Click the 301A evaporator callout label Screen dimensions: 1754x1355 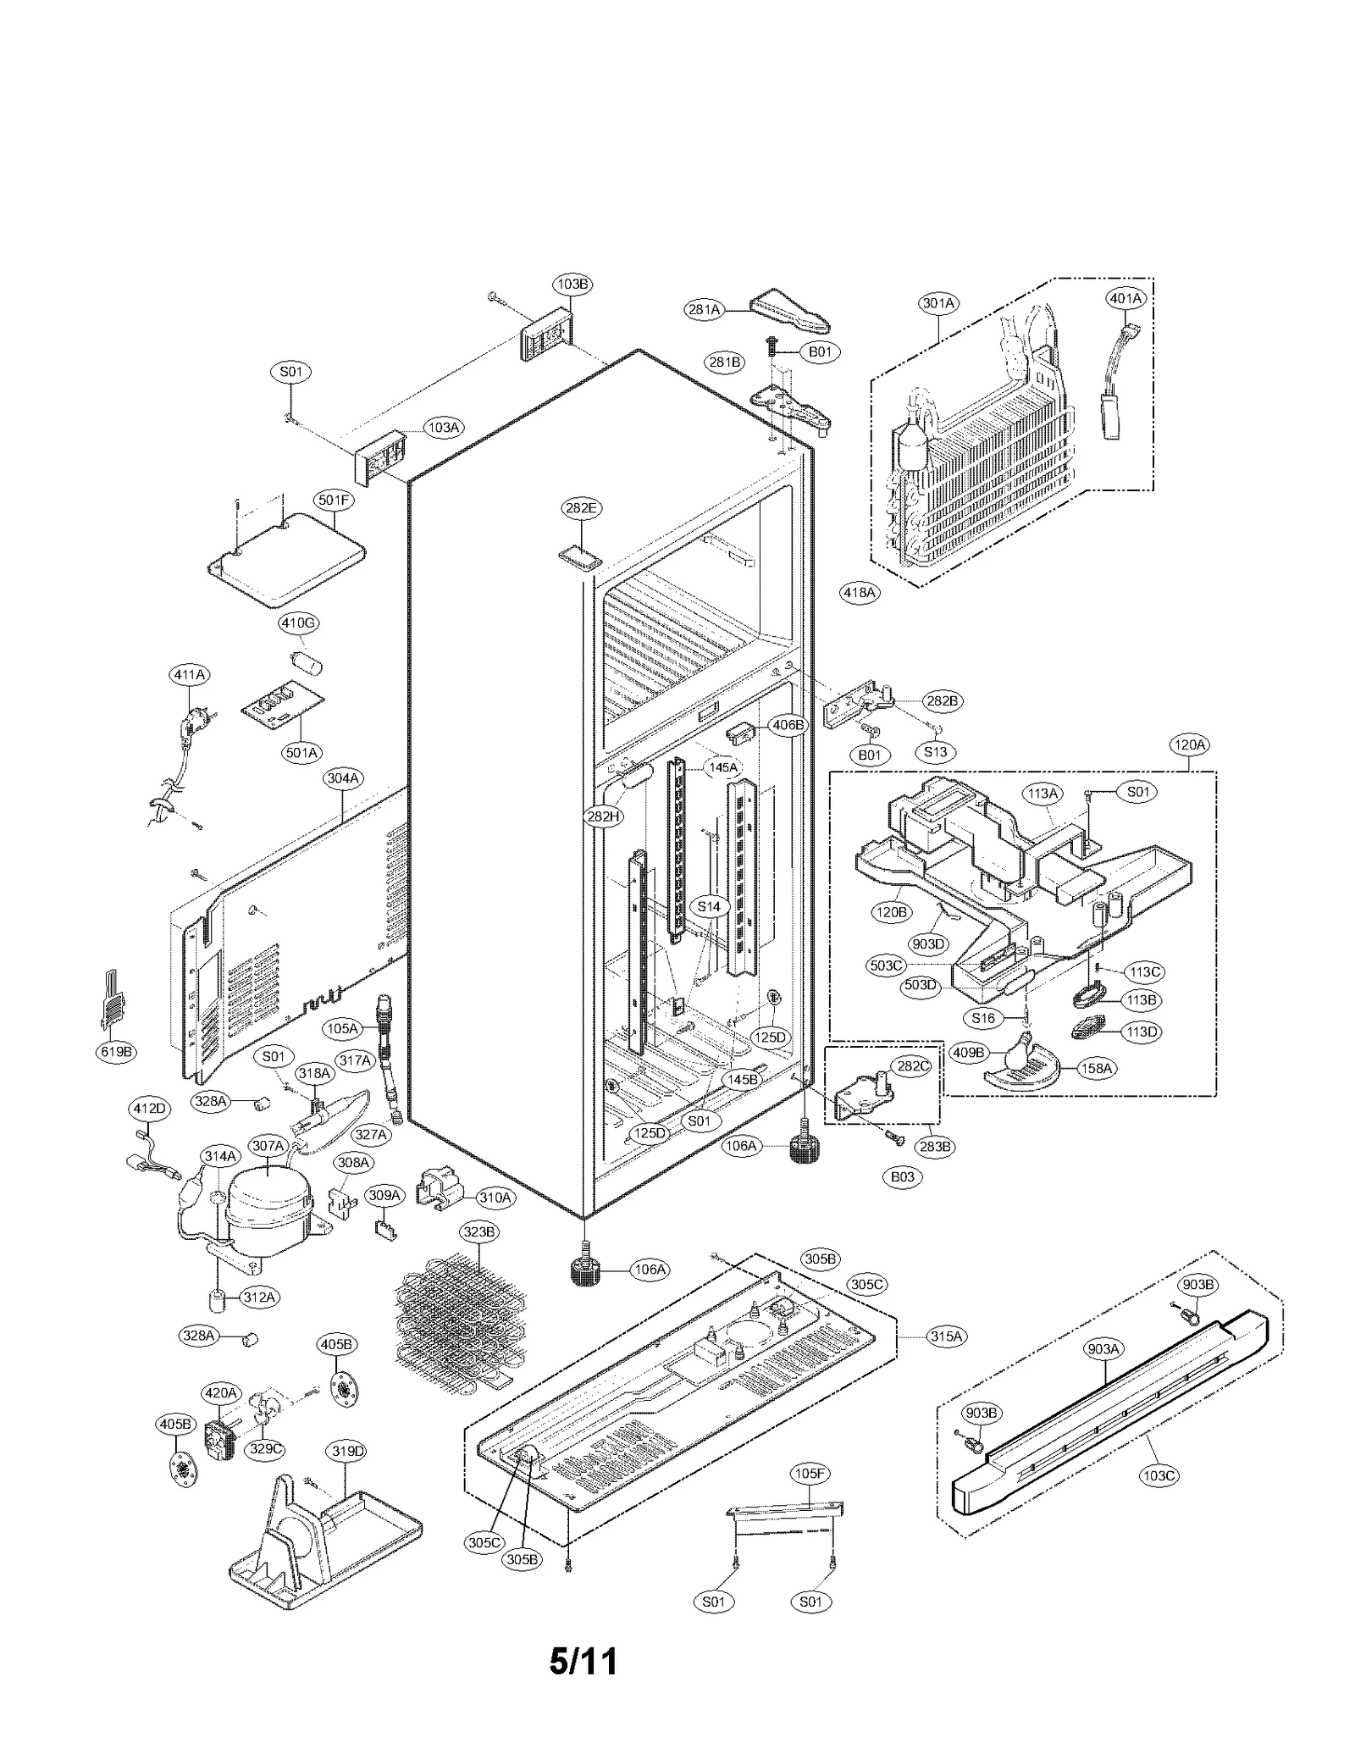[937, 302]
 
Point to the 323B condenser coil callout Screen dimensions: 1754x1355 [478, 1231]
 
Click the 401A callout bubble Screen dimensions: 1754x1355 [1125, 298]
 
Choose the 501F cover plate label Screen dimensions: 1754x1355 [335, 500]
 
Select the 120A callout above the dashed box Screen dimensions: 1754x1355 [1189, 744]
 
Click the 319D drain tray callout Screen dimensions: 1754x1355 [347, 1451]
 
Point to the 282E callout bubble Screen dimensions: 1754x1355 [581, 508]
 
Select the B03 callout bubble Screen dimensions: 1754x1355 [902, 1176]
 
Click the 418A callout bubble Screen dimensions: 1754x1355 [859, 593]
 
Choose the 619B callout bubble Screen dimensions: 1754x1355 [116, 1052]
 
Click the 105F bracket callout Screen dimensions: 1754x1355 [809, 1473]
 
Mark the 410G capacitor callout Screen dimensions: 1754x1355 [298, 623]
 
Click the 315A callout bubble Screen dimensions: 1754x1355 [946, 1336]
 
